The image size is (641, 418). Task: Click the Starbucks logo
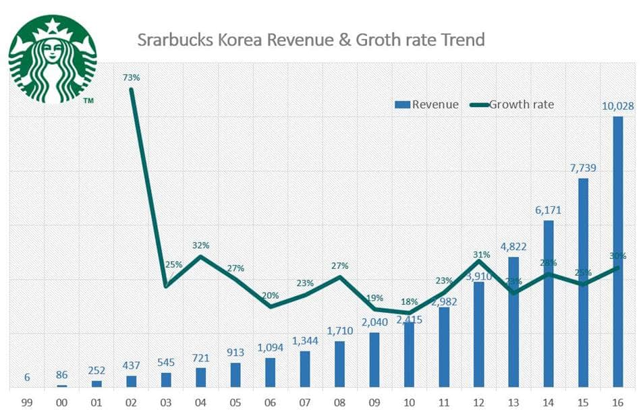[x=52, y=59]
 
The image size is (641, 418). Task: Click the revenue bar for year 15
[x=583, y=282]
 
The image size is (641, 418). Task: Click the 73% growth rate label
[x=131, y=78]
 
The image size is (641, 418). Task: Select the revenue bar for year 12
[x=479, y=334]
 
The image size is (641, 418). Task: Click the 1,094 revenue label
[x=270, y=347]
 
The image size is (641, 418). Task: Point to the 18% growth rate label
[x=410, y=301]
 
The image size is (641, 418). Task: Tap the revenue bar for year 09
[x=374, y=360]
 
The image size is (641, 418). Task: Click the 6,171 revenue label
[x=548, y=210]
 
